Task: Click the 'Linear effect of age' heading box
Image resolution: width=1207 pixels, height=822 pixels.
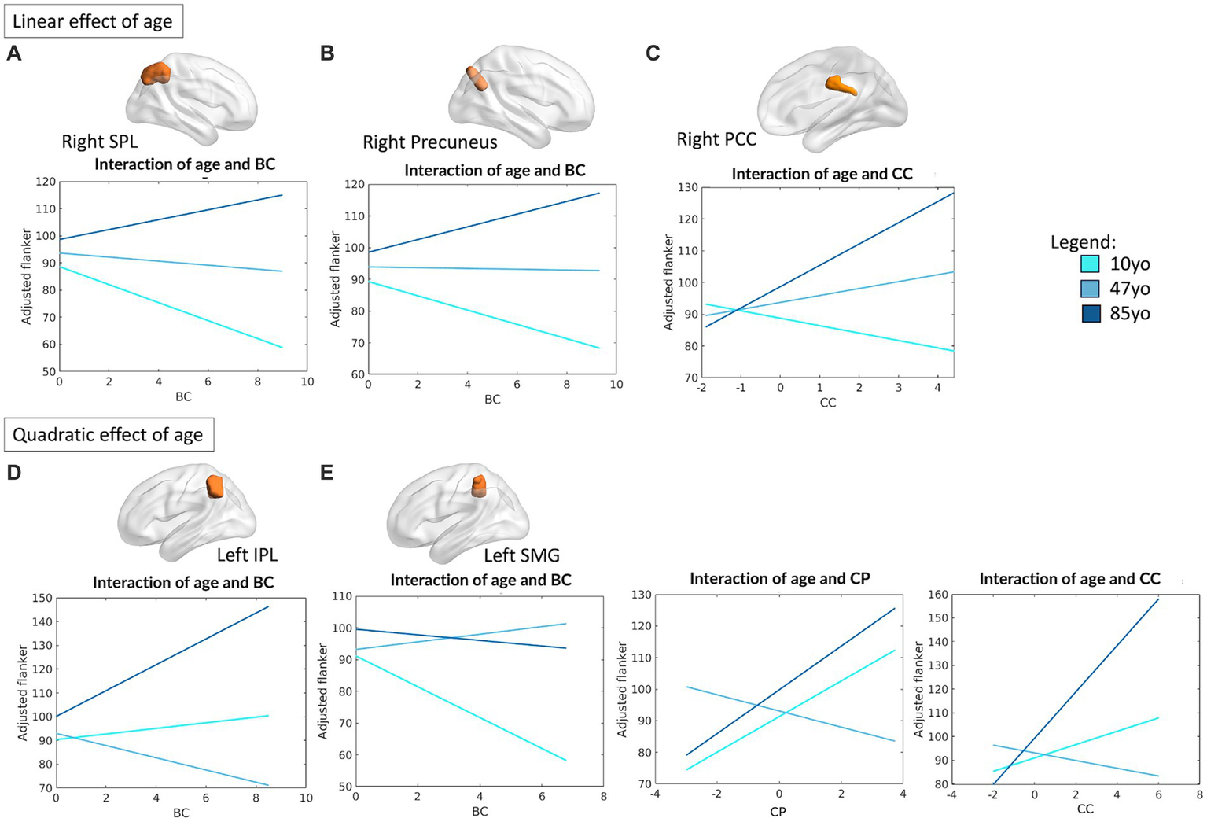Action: point(93,21)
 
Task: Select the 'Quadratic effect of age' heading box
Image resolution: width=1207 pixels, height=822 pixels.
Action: point(108,435)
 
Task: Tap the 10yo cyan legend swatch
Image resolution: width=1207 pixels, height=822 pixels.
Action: point(1090,264)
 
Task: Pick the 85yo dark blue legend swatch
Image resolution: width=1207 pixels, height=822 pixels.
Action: point(1090,314)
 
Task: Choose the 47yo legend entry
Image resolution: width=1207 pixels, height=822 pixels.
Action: point(1129,289)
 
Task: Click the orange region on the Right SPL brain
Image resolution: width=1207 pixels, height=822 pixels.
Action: point(155,75)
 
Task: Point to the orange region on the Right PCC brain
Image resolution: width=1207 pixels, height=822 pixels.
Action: point(841,85)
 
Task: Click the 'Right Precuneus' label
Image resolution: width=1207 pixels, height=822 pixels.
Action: point(429,142)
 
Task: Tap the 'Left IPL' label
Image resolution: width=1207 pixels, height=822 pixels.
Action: point(247,555)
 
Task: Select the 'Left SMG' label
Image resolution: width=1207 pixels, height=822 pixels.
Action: point(521,555)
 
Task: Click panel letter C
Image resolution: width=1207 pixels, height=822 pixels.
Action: point(652,53)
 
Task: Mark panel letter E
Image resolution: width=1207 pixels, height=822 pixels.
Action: point(326,472)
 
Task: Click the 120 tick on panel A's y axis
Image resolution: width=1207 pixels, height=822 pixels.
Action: point(46,182)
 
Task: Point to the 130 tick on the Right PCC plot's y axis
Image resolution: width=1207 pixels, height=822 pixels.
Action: point(688,187)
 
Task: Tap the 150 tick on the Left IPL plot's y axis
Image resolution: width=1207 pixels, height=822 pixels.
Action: point(42,598)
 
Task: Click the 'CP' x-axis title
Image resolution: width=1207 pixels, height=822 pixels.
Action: point(778,811)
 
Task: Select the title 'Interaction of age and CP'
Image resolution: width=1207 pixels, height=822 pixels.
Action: point(779,579)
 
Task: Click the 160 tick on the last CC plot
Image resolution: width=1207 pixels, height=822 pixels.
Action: point(939,595)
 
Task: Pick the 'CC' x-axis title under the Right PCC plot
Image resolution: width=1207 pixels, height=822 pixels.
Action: point(827,403)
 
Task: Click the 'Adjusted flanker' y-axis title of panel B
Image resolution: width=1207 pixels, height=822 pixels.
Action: point(336,279)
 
